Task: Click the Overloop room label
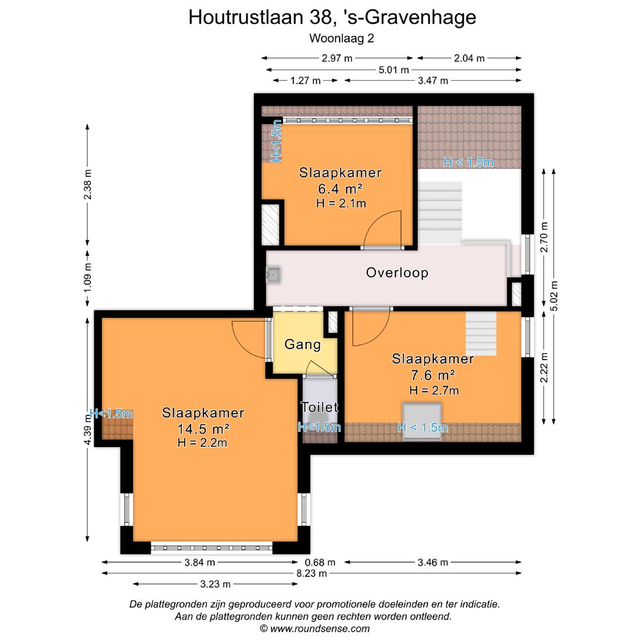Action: (397, 273)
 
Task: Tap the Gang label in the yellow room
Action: (303, 344)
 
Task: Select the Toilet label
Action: (319, 408)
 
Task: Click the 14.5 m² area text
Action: (204, 429)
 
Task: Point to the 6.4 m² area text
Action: (340, 189)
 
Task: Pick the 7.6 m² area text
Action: (433, 375)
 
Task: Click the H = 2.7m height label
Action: (434, 390)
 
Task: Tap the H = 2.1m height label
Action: (341, 203)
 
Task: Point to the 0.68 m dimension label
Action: (320, 563)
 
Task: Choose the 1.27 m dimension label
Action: (305, 81)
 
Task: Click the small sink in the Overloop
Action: (274, 274)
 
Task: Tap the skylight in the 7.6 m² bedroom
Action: (421, 420)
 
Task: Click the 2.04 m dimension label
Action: (469, 58)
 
